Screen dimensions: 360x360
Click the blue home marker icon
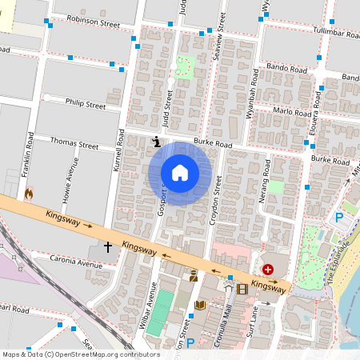coord(180,173)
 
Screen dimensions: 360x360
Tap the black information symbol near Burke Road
coord(156,142)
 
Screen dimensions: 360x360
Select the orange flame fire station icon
coord(30,194)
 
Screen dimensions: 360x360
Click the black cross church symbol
coord(107,250)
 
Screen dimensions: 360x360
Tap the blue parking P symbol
coord(338,216)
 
